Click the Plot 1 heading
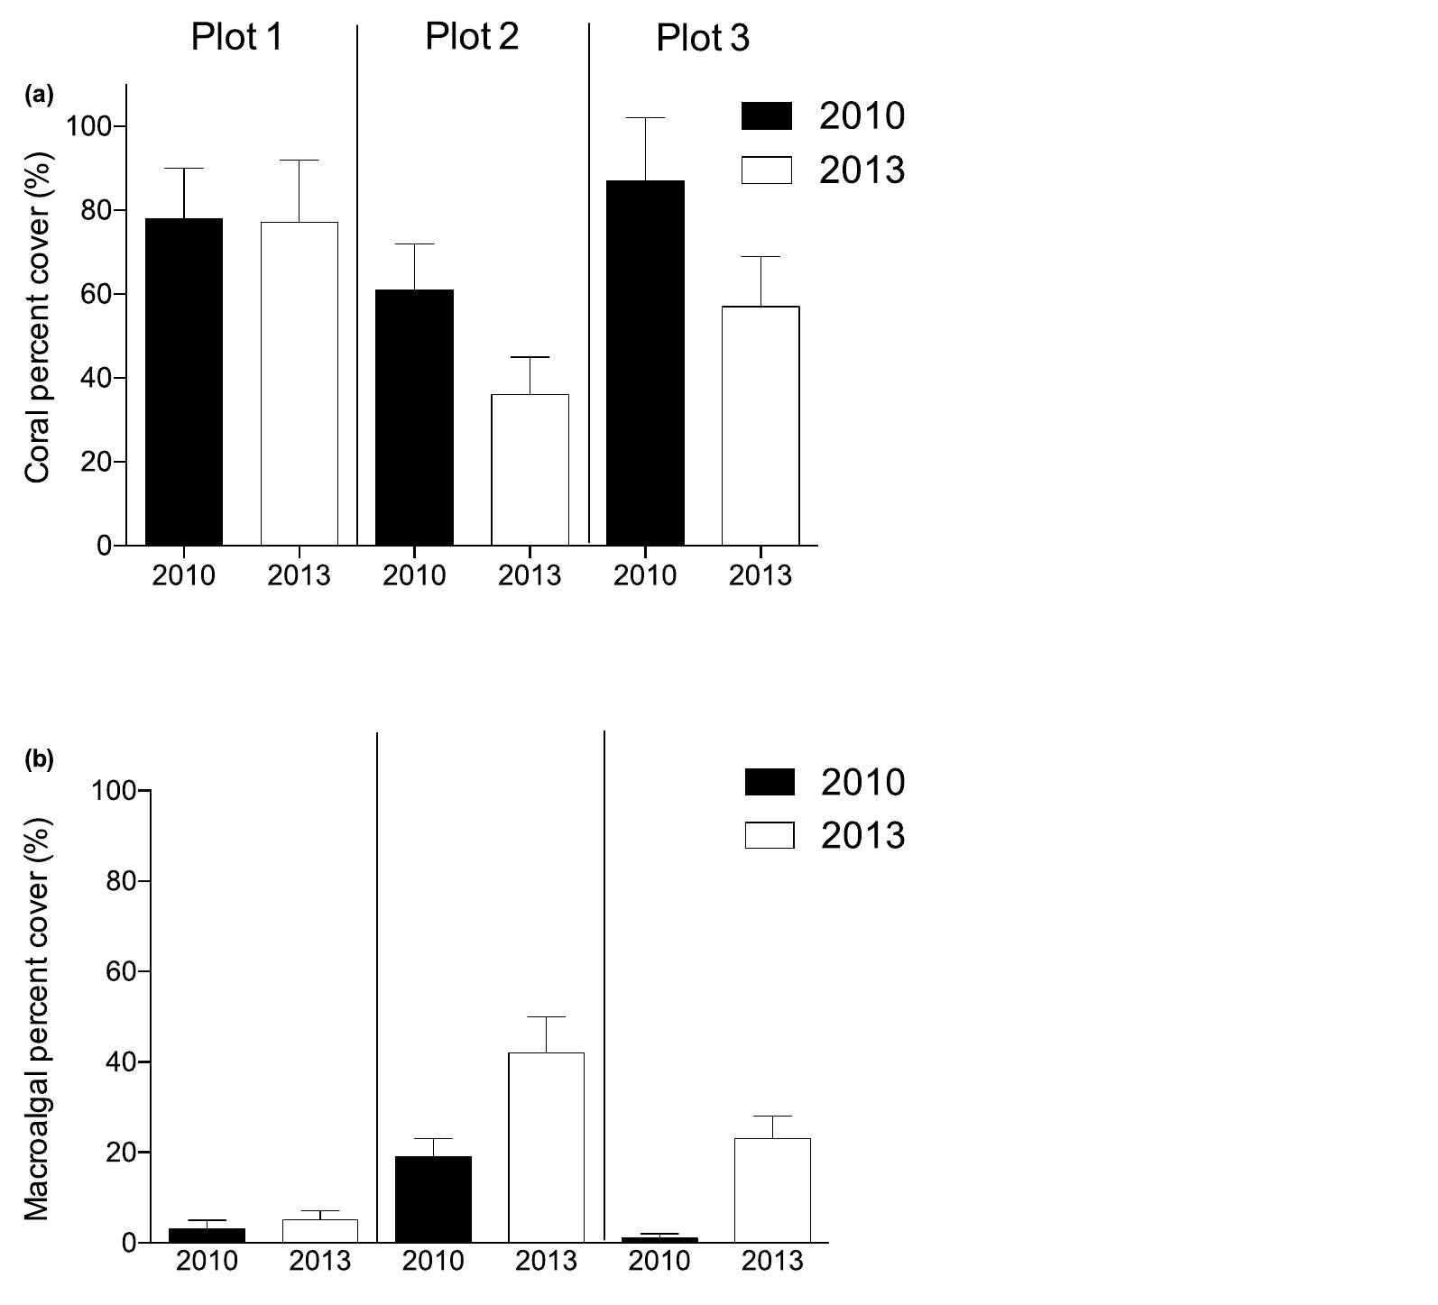click(x=236, y=38)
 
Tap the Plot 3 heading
click(x=702, y=39)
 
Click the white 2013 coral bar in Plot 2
click(x=530, y=469)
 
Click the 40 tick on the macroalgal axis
click(x=121, y=1062)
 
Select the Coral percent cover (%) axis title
click(x=38, y=317)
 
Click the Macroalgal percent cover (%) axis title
click(x=38, y=1019)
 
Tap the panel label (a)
click(x=40, y=95)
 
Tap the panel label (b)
click(x=40, y=759)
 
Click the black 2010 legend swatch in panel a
click(x=766, y=116)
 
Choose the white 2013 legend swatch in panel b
click(x=770, y=835)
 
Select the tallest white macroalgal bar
click(x=546, y=1147)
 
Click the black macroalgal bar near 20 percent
click(x=433, y=1199)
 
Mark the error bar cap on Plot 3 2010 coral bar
click(x=645, y=118)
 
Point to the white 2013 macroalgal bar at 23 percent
click(x=772, y=1190)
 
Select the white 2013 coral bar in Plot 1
click(x=300, y=383)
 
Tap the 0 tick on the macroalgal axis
click(x=128, y=1243)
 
